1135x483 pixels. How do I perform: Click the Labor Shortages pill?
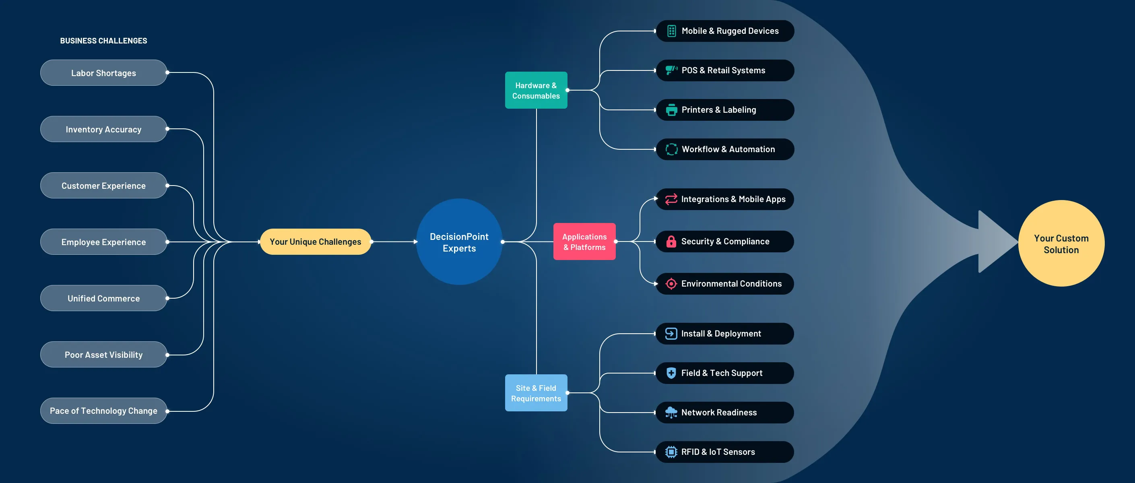(x=103, y=73)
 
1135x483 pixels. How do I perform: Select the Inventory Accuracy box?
(x=103, y=129)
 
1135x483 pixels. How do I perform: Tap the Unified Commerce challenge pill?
(x=103, y=298)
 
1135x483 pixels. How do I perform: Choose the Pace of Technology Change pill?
(x=103, y=411)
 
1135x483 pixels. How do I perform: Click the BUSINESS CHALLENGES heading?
(x=103, y=41)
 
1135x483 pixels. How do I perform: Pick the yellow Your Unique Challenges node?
(x=316, y=242)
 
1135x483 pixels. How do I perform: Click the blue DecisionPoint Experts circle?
(x=459, y=242)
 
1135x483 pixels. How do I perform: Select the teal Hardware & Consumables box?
(x=536, y=90)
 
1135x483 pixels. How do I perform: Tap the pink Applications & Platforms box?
(x=584, y=242)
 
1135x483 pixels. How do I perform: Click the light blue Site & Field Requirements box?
(x=536, y=393)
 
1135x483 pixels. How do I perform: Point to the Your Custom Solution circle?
(x=1061, y=244)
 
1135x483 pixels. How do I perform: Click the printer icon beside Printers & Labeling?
(x=671, y=110)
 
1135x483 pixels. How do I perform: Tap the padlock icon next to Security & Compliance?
(x=671, y=242)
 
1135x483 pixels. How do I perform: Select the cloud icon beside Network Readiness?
(x=671, y=413)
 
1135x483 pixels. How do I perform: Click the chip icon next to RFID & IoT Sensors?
(x=671, y=452)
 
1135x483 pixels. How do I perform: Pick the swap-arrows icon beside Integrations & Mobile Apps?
(x=671, y=199)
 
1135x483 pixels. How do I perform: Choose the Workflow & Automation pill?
(x=725, y=149)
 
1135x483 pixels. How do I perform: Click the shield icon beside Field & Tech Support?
(x=671, y=373)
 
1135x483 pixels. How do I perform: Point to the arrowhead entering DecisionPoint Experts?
(x=415, y=242)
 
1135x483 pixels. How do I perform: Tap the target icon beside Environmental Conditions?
(x=671, y=284)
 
